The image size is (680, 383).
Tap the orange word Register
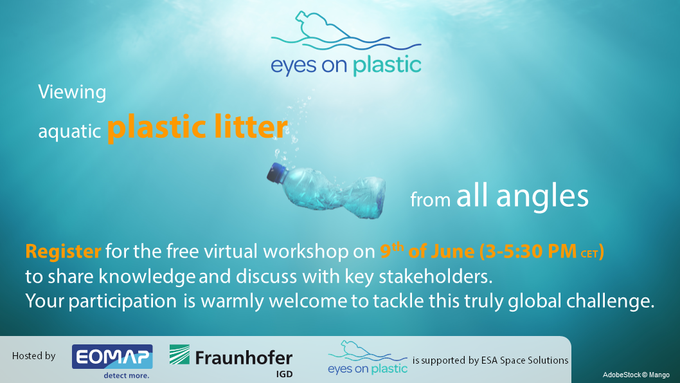64,252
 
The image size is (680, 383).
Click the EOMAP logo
112,357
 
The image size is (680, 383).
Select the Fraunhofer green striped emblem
179,354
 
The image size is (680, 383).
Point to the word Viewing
72,93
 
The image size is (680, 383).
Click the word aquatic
69,131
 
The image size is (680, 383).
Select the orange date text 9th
392,250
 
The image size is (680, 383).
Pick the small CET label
589,254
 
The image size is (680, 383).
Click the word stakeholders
436,277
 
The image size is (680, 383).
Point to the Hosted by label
34,356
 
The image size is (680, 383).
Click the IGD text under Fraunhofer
285,374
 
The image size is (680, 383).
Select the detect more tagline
126,376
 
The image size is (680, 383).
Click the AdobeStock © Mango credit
636,375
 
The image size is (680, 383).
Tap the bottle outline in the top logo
321,26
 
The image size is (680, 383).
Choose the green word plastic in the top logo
387,66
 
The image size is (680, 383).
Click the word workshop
306,252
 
